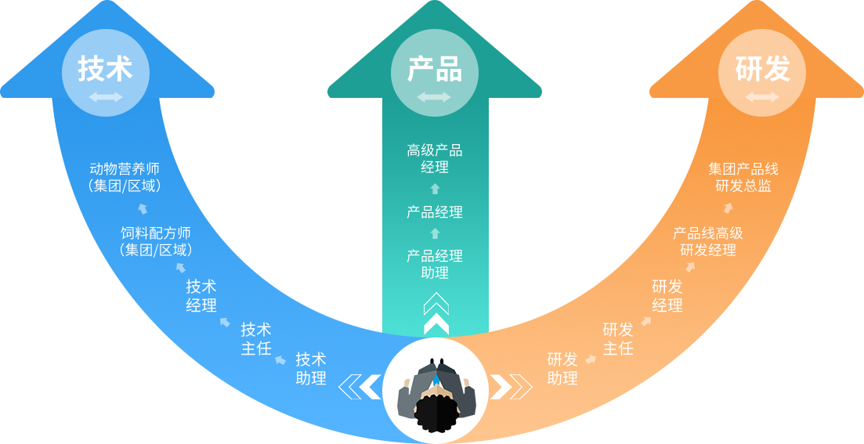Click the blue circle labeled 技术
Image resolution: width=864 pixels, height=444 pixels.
[105, 73]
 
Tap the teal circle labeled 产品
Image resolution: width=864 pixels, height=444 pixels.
[435, 73]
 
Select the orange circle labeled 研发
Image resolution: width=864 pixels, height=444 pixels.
[762, 73]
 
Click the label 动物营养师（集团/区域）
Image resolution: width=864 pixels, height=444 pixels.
[125, 177]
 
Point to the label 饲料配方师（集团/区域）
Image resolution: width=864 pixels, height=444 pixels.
[156, 241]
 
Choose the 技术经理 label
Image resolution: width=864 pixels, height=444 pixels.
[201, 296]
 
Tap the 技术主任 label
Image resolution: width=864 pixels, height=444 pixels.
[256, 338]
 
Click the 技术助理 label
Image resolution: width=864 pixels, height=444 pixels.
[311, 368]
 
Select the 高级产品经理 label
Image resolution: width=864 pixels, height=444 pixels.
[435, 158]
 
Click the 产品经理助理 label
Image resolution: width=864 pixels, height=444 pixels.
[435, 264]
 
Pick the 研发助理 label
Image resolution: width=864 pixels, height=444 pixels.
[562, 368]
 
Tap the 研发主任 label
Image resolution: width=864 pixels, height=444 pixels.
[618, 338]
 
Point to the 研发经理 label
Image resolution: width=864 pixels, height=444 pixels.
[667, 296]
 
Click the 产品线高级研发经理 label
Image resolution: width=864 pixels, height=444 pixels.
[708, 241]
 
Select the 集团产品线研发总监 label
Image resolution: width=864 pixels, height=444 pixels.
[743, 177]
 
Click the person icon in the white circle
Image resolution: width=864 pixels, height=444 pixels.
[435, 390]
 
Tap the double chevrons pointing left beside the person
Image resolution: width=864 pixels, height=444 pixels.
[360, 386]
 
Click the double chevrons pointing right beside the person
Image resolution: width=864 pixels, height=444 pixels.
[511, 386]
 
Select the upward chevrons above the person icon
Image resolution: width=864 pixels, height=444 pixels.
[436, 312]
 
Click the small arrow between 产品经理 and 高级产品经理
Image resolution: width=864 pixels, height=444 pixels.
[435, 189]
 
